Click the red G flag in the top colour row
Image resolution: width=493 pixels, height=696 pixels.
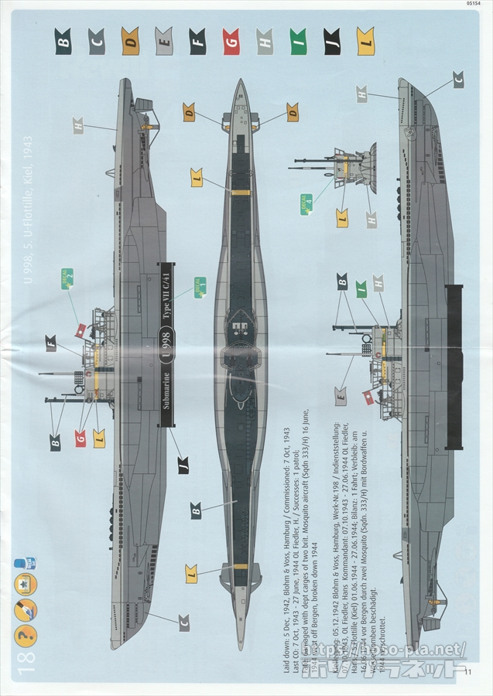click(231, 40)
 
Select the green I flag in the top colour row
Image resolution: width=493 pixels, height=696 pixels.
click(298, 40)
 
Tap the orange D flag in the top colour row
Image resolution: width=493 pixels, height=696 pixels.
click(130, 40)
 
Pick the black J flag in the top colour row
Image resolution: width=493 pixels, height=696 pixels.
click(331, 40)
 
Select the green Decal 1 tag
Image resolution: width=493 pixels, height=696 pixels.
click(199, 287)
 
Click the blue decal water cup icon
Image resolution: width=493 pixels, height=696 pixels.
click(31, 563)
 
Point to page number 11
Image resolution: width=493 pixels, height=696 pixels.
click(468, 672)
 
